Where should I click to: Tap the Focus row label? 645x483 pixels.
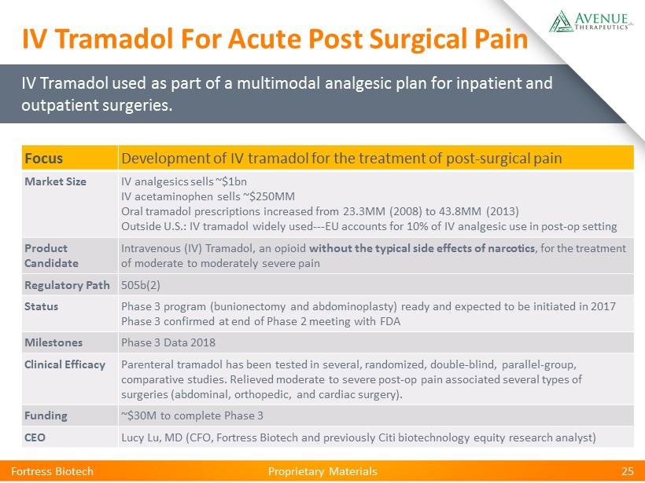43,158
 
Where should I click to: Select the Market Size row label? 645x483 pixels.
56,181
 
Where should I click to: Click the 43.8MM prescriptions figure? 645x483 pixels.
459,211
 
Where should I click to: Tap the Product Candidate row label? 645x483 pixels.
51,255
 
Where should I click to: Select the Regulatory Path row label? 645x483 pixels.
67,285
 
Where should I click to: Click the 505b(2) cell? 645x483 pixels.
141,285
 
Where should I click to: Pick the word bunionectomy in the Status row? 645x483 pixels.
249,306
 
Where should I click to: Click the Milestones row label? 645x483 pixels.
53,342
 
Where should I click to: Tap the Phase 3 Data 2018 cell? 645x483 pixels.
168,342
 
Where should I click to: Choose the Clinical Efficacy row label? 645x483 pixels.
65,364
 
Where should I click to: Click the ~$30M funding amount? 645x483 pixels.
138,415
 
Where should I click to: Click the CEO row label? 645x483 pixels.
35,437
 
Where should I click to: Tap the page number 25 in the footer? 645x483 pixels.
628,471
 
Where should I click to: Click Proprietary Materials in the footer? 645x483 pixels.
322,471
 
